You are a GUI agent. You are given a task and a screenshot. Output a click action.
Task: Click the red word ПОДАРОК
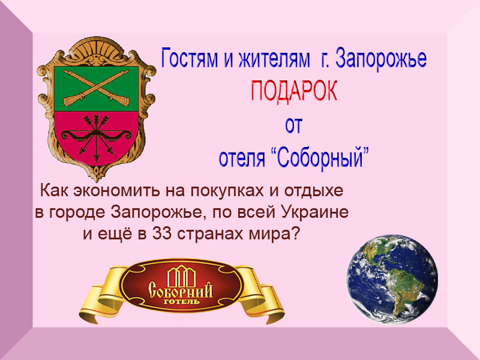[294, 91]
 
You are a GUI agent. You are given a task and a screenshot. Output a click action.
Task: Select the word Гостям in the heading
[190, 58]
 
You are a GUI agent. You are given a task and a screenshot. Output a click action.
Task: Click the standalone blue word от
[294, 125]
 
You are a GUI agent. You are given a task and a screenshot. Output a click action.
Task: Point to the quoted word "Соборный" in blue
[319, 157]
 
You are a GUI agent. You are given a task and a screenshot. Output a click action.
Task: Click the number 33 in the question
[162, 234]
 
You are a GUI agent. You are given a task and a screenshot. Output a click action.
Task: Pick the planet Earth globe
[392, 280]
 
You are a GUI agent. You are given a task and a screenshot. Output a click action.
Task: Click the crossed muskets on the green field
[96, 88]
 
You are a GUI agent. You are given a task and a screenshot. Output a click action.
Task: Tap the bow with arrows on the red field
[96, 138]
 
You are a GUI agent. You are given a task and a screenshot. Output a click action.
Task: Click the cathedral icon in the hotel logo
[181, 277]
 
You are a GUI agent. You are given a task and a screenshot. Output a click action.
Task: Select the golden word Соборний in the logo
[181, 290]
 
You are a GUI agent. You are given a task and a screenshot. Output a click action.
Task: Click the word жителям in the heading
[274, 59]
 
